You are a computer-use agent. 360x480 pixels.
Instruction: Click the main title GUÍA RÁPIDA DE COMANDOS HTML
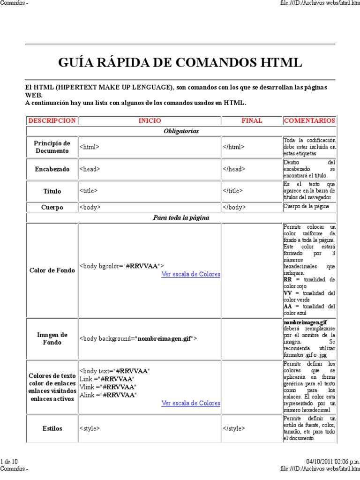[x=180, y=62]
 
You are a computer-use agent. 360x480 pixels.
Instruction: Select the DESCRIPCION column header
[x=52, y=120]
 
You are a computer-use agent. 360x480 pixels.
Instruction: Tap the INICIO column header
[x=150, y=120]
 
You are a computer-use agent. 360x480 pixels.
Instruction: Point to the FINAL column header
[x=252, y=120]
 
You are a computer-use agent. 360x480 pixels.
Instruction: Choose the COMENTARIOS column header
[x=309, y=120]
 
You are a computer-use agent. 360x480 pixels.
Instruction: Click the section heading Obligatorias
[x=181, y=131]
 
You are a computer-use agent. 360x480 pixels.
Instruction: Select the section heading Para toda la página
[x=181, y=217]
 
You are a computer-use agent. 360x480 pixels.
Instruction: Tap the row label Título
[x=52, y=191]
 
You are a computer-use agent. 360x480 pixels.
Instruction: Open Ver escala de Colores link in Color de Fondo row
[x=191, y=274]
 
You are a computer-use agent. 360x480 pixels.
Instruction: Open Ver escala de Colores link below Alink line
[x=191, y=403]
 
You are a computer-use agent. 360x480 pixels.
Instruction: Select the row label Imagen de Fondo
[x=52, y=338]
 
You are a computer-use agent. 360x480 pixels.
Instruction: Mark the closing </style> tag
[x=234, y=428]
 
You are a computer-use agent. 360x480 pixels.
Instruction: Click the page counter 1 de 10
[x=9, y=462]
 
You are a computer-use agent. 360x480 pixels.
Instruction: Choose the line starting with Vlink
[x=108, y=387]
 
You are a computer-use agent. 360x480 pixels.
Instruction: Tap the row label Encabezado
[x=52, y=169]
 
